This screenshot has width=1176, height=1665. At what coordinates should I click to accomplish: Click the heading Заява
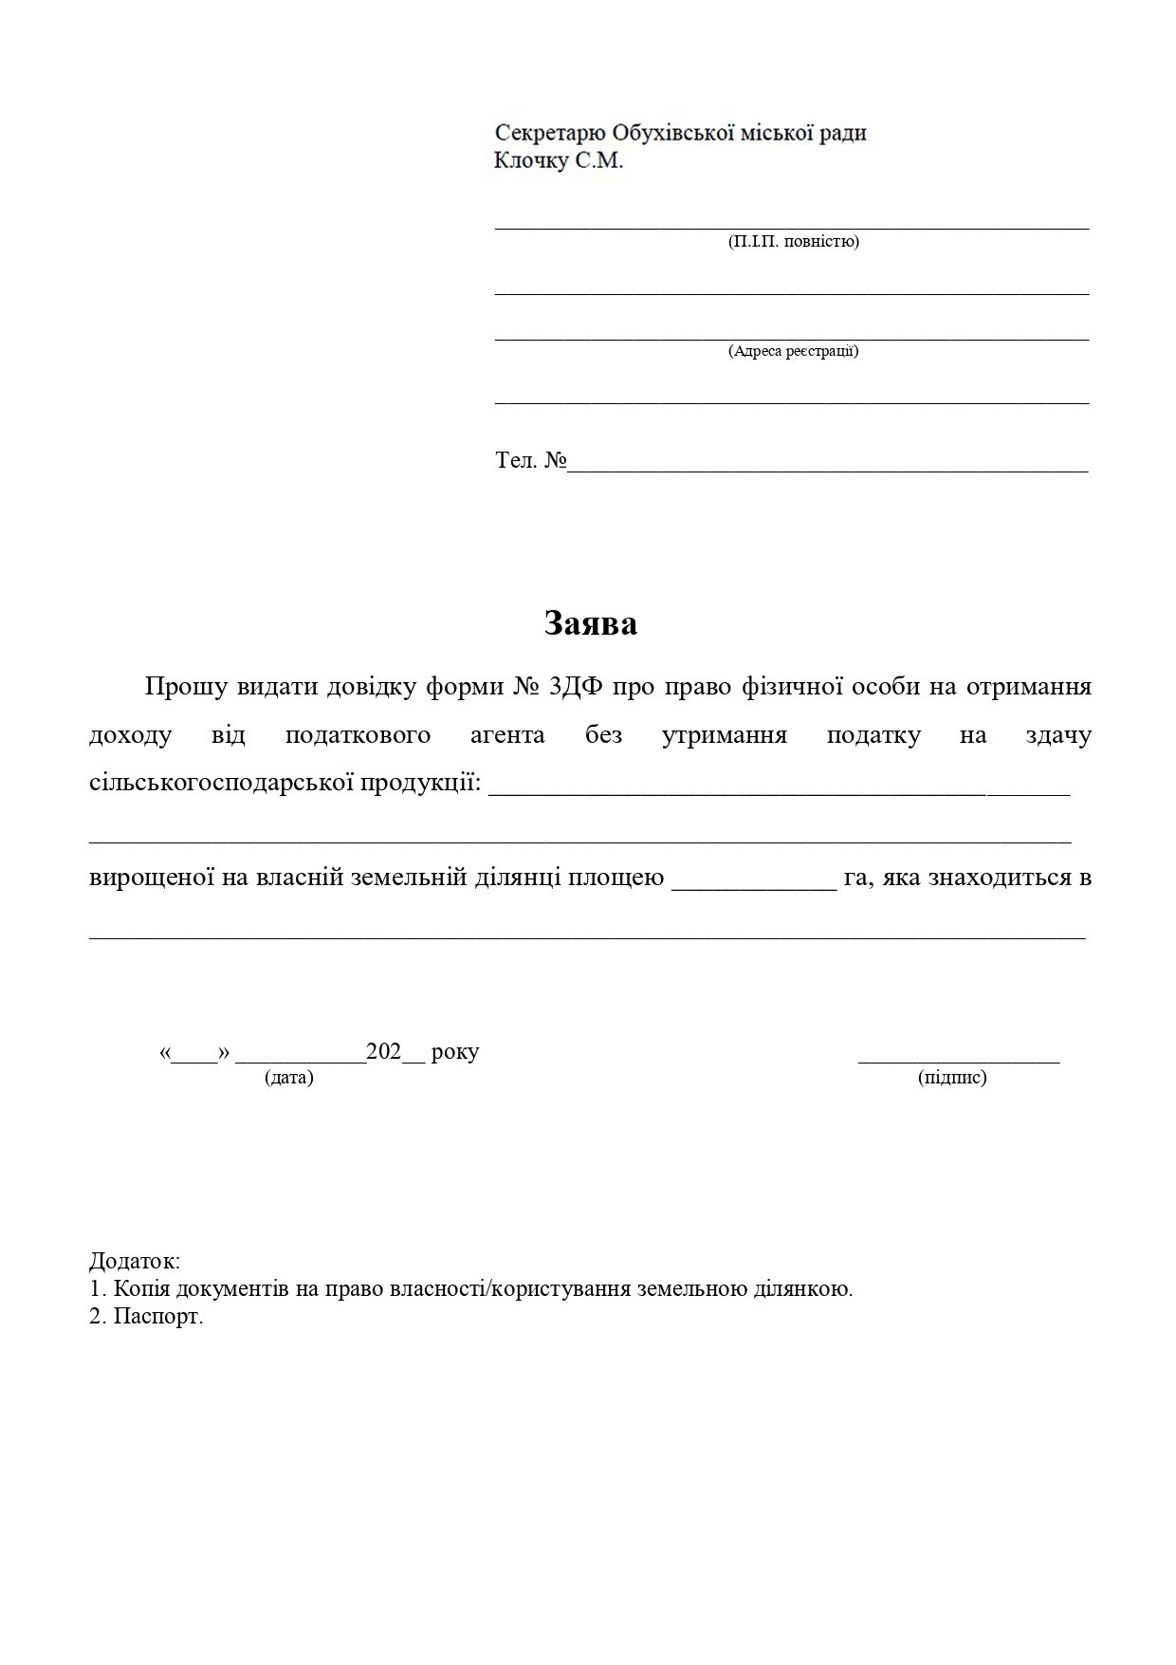pos(590,623)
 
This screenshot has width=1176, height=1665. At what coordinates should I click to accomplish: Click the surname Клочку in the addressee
pos(531,160)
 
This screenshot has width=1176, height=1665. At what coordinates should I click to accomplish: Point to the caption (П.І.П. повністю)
pos(793,242)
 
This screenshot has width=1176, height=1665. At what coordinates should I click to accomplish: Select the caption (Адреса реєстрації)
pos(793,351)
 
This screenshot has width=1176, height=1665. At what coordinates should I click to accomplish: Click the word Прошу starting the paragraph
pos(186,686)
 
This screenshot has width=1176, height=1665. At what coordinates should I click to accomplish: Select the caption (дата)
pos(288,1078)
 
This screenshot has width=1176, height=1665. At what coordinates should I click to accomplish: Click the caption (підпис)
pos(952,1078)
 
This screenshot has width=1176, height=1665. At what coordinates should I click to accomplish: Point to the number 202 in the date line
pos(384,1052)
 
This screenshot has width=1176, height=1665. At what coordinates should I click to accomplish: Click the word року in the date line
pos(455,1052)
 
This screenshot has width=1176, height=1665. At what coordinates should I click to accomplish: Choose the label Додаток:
pos(135,1261)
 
